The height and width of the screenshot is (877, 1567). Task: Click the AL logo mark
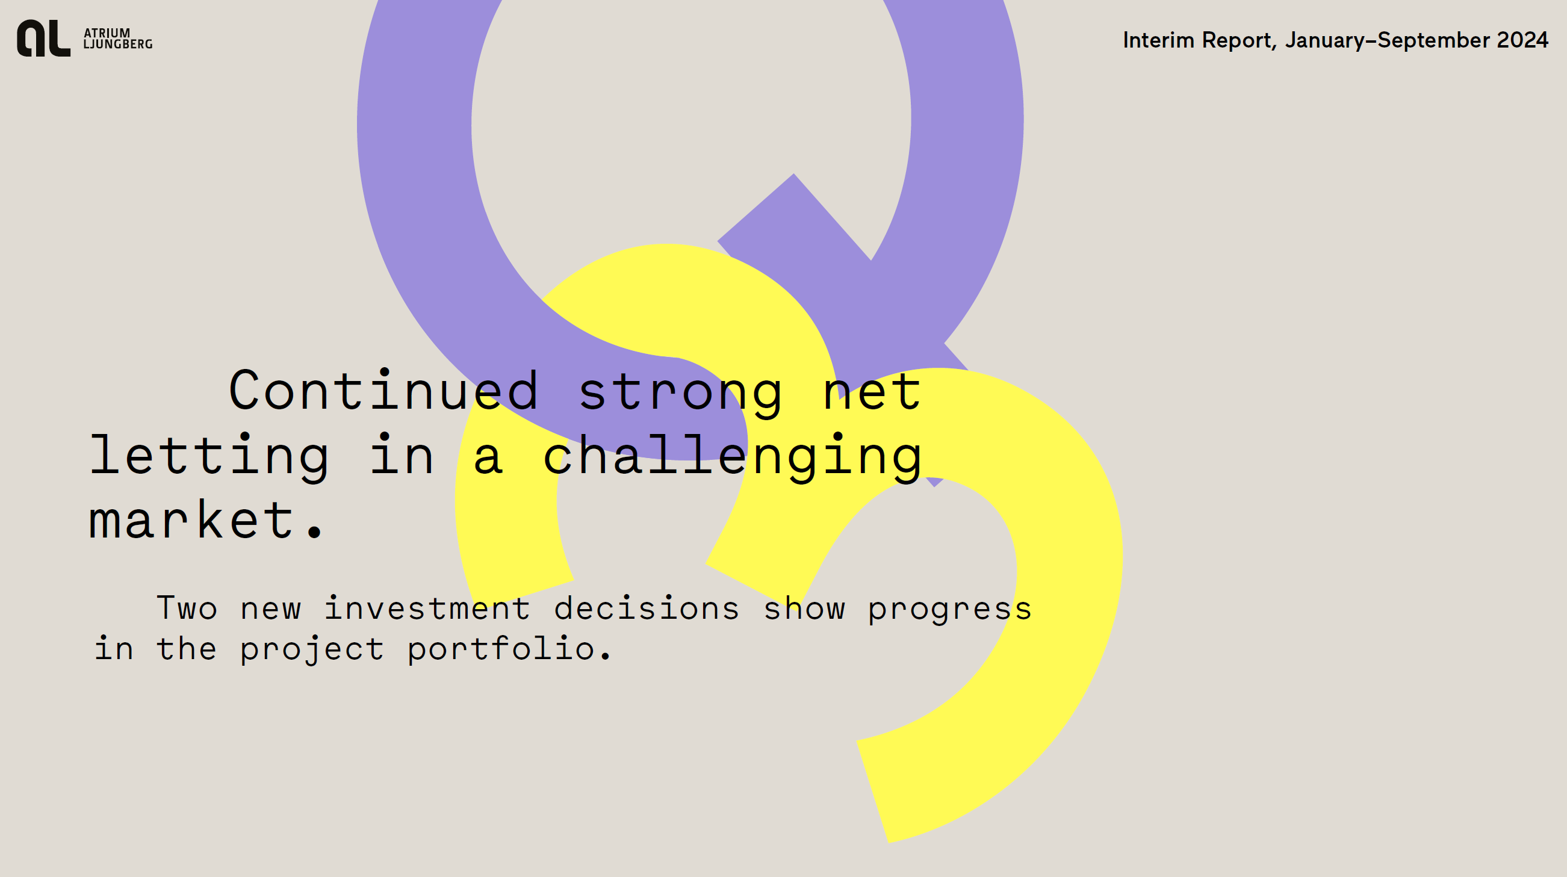click(x=44, y=38)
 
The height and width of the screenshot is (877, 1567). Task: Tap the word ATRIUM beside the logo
click(x=107, y=33)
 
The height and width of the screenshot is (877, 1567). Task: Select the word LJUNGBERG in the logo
click(x=118, y=44)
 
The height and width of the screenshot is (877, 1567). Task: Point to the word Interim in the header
click(x=1159, y=40)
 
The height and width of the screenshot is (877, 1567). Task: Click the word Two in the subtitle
click(x=187, y=608)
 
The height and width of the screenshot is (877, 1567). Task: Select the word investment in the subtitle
click(x=427, y=608)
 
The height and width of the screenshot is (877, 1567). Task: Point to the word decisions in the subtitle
click(x=647, y=608)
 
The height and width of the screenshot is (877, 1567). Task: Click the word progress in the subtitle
click(x=949, y=610)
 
